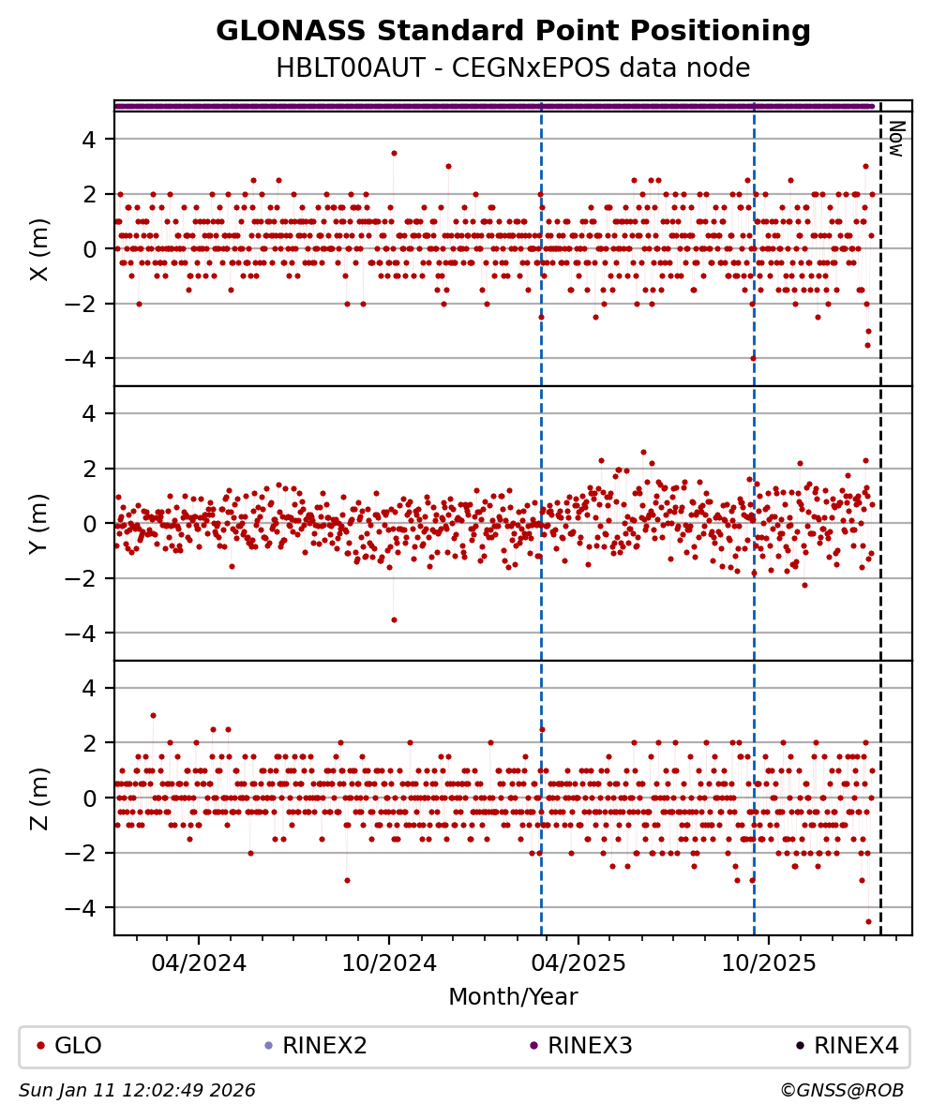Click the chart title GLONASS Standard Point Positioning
point(513,32)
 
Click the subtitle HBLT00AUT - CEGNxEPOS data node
point(513,68)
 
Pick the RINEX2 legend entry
point(324,1046)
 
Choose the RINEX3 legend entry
point(590,1046)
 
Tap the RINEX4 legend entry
point(855,1046)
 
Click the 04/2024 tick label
point(199,962)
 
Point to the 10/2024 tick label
point(388,962)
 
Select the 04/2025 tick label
point(578,962)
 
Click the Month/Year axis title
point(513,997)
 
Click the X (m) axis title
point(39,249)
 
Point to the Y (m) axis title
point(39,523)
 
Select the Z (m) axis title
point(39,798)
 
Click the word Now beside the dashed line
point(896,138)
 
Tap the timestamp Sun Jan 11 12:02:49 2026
point(137,1091)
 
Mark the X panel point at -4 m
point(753,358)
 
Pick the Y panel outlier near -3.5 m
point(394,619)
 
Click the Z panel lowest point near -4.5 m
point(868,921)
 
